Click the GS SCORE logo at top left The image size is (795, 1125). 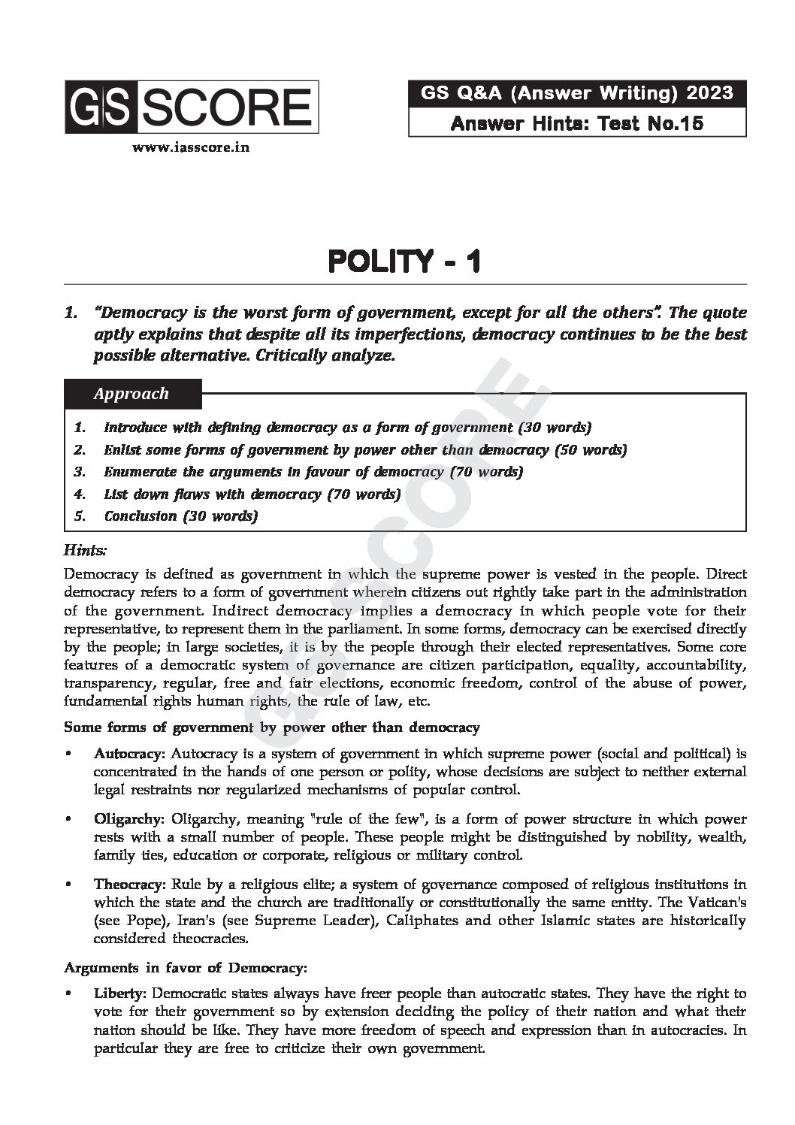[x=191, y=107]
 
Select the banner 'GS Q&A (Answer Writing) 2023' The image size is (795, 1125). [x=577, y=93]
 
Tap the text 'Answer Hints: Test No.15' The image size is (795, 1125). [x=577, y=123]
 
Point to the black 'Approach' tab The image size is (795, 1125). [x=132, y=394]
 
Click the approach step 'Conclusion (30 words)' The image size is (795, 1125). [x=180, y=516]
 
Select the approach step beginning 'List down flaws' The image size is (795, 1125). [x=252, y=494]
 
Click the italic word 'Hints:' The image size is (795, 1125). [x=86, y=551]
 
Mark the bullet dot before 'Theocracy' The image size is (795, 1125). [x=69, y=885]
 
